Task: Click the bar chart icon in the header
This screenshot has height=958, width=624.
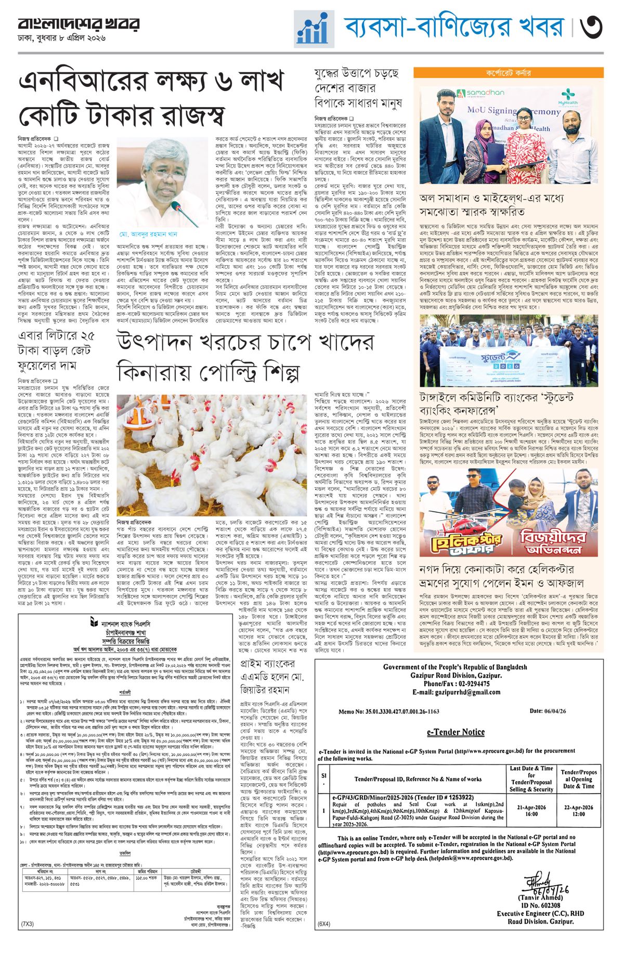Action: pyautogui.click(x=314, y=29)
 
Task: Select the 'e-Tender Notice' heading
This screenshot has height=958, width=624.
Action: pyautogui.click(x=456, y=732)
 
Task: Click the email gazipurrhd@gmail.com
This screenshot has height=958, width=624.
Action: pyautogui.click(x=456, y=692)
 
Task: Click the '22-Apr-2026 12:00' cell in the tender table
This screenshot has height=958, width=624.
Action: pyautogui.click(x=578, y=811)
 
